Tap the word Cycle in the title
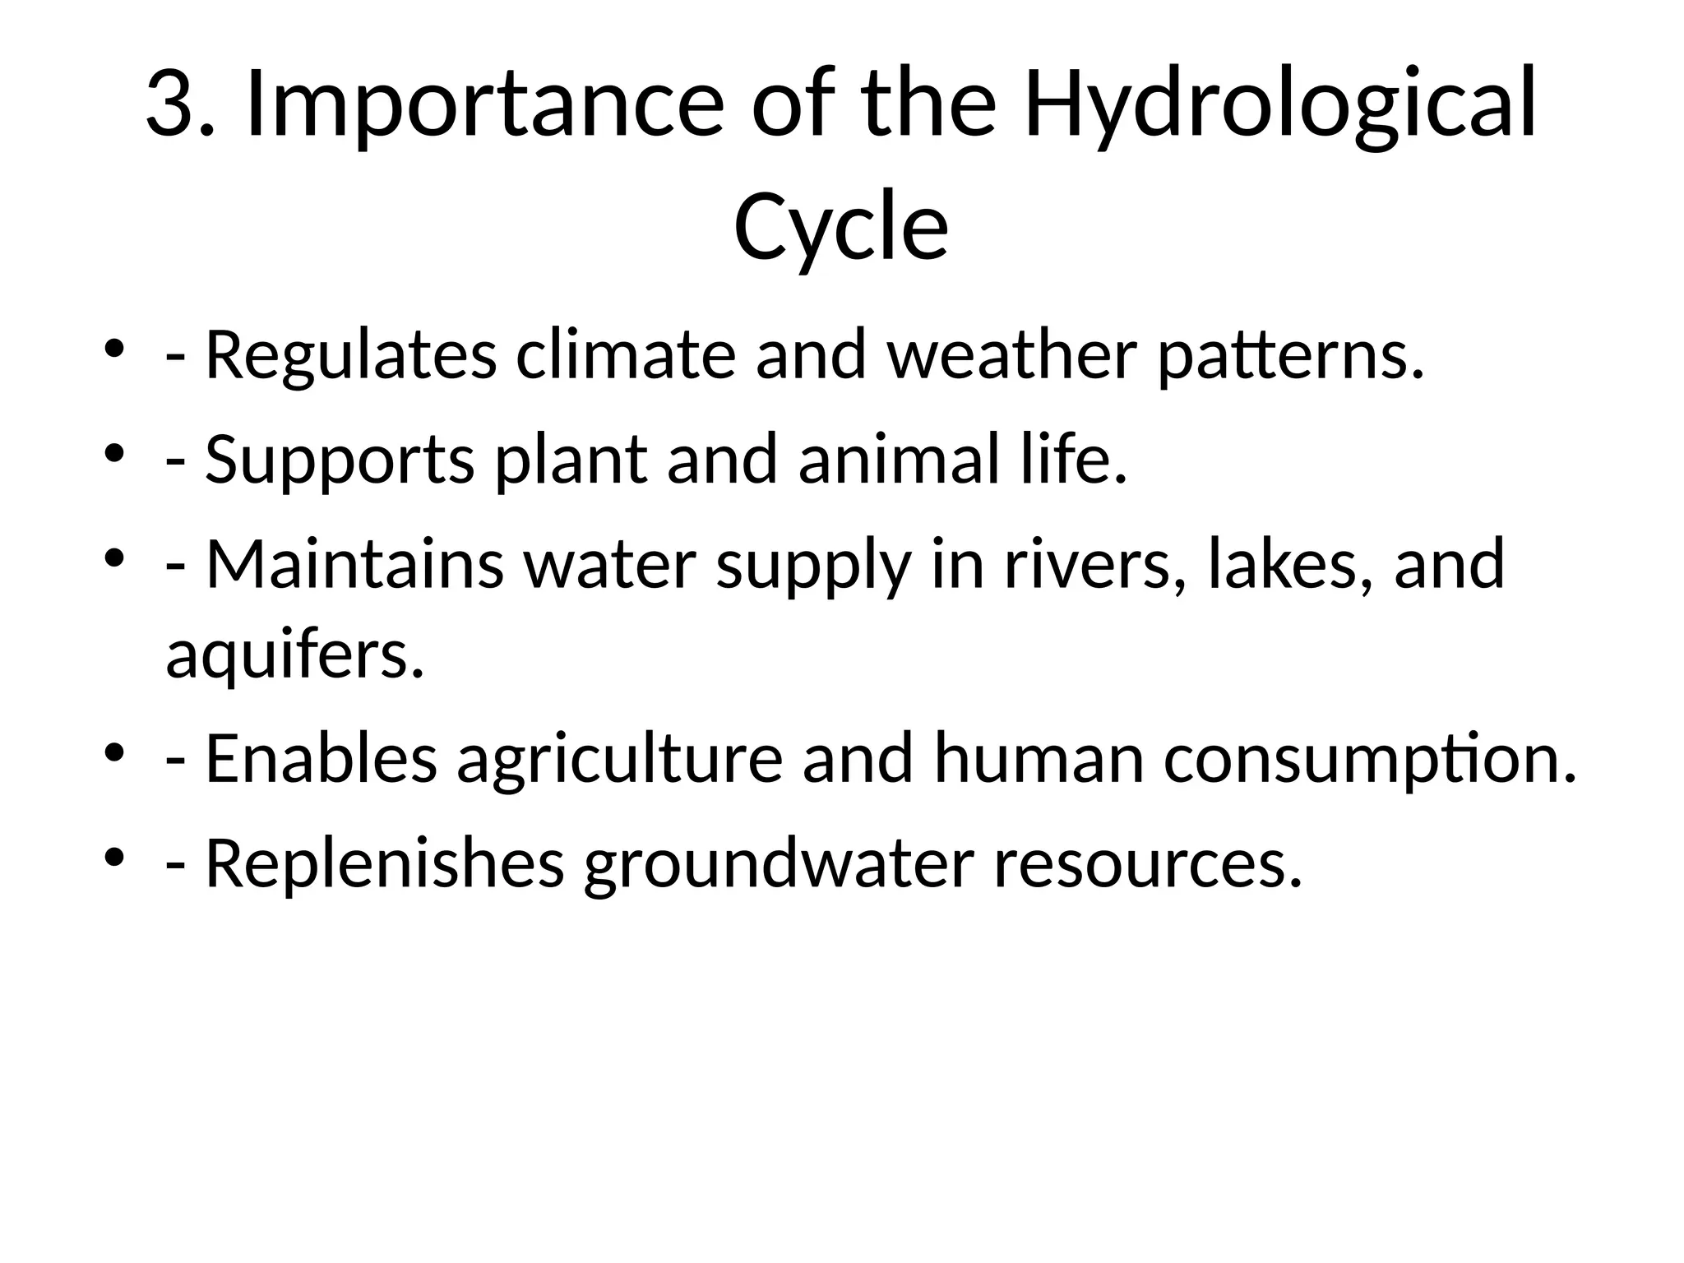[x=840, y=227]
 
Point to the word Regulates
[x=350, y=357]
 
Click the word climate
[x=625, y=355]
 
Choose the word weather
[x=1012, y=355]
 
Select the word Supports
[x=339, y=460]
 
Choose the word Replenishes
[x=384, y=863]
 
